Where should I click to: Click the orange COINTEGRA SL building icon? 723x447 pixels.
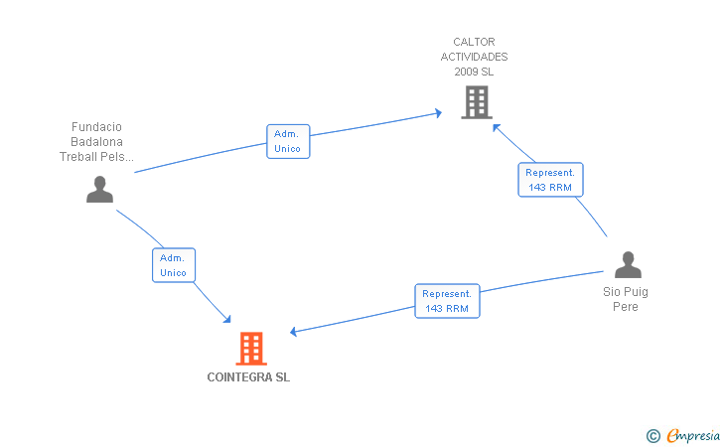tap(251, 349)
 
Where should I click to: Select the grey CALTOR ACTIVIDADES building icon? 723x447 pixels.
tap(477, 102)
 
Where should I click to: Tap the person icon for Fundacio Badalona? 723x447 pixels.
tap(99, 189)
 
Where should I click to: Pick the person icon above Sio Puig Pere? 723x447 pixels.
tap(628, 265)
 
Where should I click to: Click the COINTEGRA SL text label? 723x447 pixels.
tap(248, 377)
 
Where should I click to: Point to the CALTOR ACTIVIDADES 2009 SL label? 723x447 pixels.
tap(474, 57)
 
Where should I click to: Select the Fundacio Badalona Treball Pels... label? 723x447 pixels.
tap(97, 142)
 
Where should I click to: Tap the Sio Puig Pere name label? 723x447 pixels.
tap(626, 299)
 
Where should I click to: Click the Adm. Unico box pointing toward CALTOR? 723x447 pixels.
tap(288, 141)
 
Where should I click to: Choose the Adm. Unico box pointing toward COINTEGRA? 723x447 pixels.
tap(174, 265)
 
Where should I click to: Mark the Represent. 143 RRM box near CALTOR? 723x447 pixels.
tap(550, 180)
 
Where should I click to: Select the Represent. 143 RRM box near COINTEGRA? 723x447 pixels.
tap(447, 301)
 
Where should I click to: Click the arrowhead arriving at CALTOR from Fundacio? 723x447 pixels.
tap(439, 113)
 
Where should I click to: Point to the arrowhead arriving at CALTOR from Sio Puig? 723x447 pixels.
tap(497, 127)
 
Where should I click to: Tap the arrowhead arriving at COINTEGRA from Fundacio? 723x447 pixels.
tap(226, 319)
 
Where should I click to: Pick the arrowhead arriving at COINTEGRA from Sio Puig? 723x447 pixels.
tap(293, 331)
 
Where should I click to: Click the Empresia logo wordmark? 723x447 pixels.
tap(693, 435)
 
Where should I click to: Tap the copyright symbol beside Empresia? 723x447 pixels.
tap(653, 436)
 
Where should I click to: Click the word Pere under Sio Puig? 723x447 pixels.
tap(626, 307)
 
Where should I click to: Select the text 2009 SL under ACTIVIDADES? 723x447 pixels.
tap(474, 72)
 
